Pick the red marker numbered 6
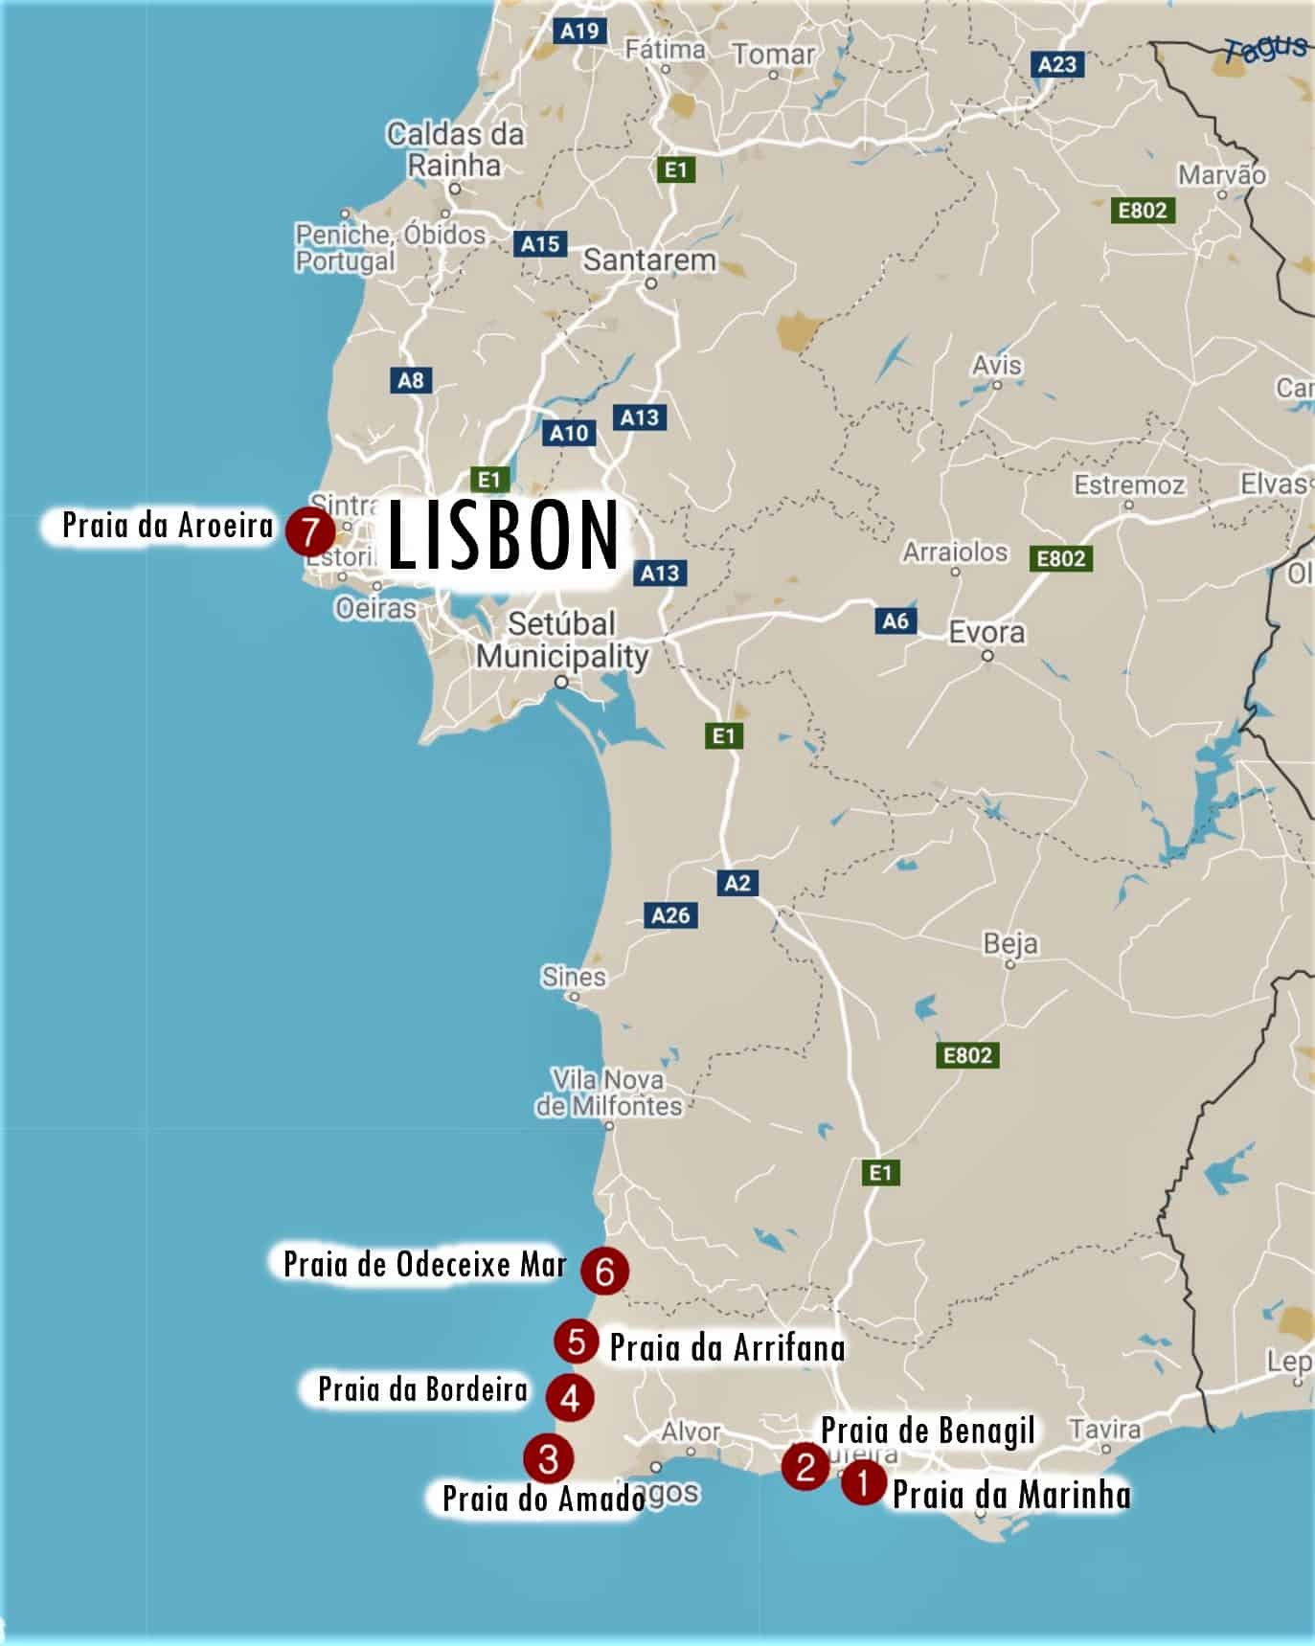(x=605, y=1272)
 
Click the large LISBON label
(x=504, y=537)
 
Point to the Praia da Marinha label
(x=1010, y=1495)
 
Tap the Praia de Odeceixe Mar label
(x=425, y=1264)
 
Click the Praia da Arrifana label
(x=727, y=1348)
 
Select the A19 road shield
(x=579, y=31)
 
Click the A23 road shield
(x=1057, y=64)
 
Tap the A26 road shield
(x=670, y=915)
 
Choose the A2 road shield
(x=737, y=883)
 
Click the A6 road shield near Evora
(x=896, y=620)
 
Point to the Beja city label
(x=1010, y=944)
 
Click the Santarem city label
(x=649, y=259)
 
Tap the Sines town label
(x=574, y=977)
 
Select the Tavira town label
(x=1104, y=1430)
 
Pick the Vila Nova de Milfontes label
(x=608, y=1093)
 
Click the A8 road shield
(x=410, y=380)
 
